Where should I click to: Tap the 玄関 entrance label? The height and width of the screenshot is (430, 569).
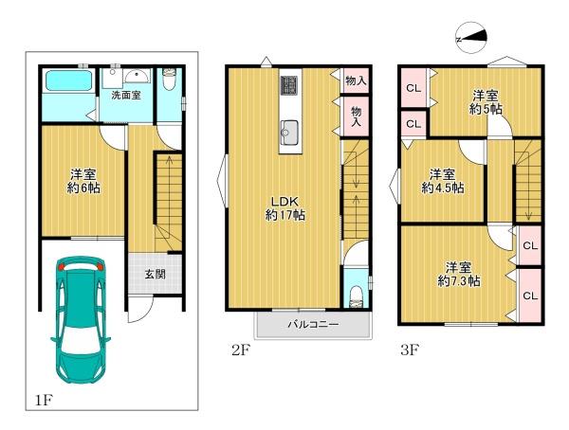(x=156, y=274)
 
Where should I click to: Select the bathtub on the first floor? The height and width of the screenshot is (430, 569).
(x=68, y=81)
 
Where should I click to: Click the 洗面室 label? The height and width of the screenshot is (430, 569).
(x=126, y=96)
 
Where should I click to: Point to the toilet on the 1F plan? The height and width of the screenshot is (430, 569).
(x=170, y=79)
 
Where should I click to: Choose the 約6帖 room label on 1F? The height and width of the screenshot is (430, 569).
(x=83, y=182)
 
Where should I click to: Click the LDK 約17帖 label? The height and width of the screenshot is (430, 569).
(x=285, y=208)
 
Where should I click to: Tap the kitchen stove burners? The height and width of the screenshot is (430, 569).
(x=289, y=86)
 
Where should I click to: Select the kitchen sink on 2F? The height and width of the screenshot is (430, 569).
(x=289, y=130)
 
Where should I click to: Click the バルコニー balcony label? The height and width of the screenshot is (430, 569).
(x=313, y=324)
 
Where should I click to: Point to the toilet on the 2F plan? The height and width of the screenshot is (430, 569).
(x=356, y=296)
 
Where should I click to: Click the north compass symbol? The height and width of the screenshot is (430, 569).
(x=470, y=37)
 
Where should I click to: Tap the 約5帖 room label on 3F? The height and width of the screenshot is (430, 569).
(x=486, y=102)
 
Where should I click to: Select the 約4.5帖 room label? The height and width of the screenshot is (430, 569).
(x=443, y=181)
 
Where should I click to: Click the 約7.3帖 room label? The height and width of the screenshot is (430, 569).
(x=459, y=275)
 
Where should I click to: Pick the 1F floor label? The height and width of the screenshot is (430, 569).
(x=44, y=401)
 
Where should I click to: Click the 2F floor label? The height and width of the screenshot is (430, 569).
(x=241, y=350)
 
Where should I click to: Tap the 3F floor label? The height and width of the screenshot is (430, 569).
(x=410, y=349)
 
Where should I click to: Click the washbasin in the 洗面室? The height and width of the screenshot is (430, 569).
(x=137, y=76)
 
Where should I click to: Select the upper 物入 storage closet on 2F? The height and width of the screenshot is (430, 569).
(x=356, y=81)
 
